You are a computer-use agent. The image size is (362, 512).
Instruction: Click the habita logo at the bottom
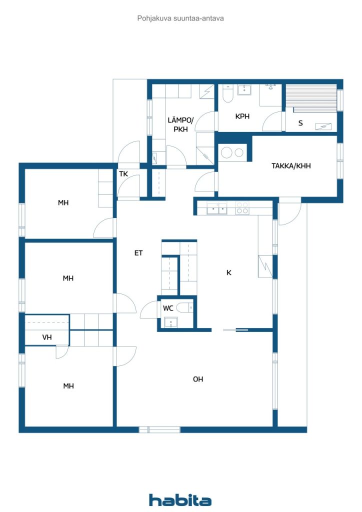[180, 500]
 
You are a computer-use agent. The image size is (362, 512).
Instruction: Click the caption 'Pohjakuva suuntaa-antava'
[180, 18]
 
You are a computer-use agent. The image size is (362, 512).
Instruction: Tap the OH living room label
[198, 379]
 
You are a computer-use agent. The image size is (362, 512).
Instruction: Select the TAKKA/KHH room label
[291, 166]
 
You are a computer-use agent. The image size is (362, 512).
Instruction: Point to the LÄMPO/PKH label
[180, 124]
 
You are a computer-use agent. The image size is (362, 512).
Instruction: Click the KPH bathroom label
[242, 116]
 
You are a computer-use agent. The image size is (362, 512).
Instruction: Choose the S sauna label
[300, 123]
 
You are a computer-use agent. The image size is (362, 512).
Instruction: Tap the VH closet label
[47, 337]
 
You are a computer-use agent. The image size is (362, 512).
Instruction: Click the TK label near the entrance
[123, 174]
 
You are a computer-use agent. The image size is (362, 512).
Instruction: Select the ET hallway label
[138, 252]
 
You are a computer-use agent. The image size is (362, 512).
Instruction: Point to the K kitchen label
[229, 272]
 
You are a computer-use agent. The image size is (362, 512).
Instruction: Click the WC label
[168, 308]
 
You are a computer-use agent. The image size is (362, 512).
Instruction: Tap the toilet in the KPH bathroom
[227, 93]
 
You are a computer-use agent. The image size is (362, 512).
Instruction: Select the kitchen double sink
[216, 208]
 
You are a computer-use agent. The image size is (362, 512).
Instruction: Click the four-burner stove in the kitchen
[242, 208]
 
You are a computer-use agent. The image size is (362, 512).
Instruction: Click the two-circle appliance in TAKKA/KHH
[232, 153]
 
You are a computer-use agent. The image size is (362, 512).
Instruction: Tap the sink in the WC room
[170, 322]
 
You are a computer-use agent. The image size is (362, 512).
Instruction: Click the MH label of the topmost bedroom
[63, 203]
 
